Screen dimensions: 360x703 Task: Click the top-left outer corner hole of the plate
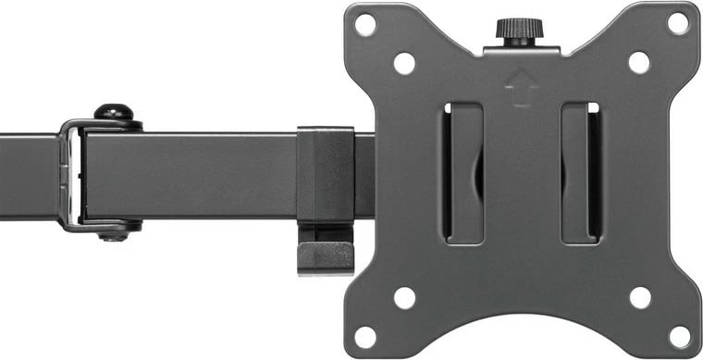[365, 23]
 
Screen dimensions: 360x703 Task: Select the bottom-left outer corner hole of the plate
[365, 335]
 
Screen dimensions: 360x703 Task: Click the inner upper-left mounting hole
[404, 63]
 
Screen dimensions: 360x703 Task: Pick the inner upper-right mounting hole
[639, 63]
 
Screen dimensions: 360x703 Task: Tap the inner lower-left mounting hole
[404, 297]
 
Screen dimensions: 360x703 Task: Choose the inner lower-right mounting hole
[639, 297]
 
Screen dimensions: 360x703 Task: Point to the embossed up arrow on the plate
[522, 89]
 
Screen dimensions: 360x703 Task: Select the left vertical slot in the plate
[462, 174]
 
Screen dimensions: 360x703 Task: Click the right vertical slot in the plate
[581, 174]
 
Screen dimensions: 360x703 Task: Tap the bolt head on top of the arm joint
[113, 112]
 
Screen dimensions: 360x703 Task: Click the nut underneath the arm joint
[113, 233]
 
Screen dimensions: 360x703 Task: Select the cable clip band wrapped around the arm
[325, 176]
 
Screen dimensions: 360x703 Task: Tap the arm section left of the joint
[28, 176]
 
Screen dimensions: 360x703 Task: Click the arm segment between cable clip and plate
[364, 176]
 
